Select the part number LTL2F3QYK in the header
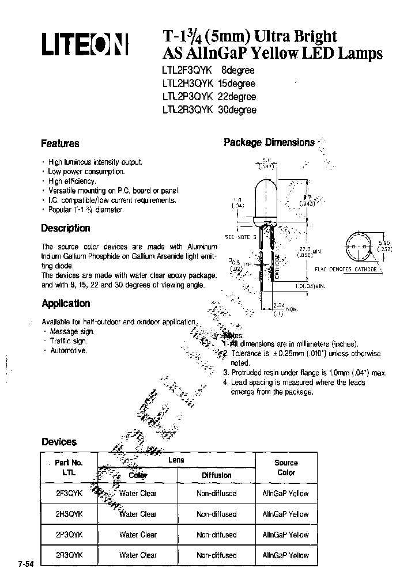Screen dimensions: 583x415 [x=180, y=70]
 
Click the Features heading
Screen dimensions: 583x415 [x=60, y=143]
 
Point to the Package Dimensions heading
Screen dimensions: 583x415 [x=269, y=142]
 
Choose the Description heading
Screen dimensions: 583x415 [x=66, y=228]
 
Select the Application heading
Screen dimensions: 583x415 [x=66, y=304]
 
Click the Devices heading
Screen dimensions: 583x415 [x=59, y=442]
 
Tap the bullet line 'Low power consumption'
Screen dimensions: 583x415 [x=86, y=172]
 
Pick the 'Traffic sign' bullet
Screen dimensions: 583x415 [x=68, y=341]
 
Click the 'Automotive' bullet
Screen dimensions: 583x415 [x=68, y=350]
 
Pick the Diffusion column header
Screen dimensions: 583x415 [x=216, y=475]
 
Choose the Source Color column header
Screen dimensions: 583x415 [x=286, y=468]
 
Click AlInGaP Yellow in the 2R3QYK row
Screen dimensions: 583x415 [x=285, y=555]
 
